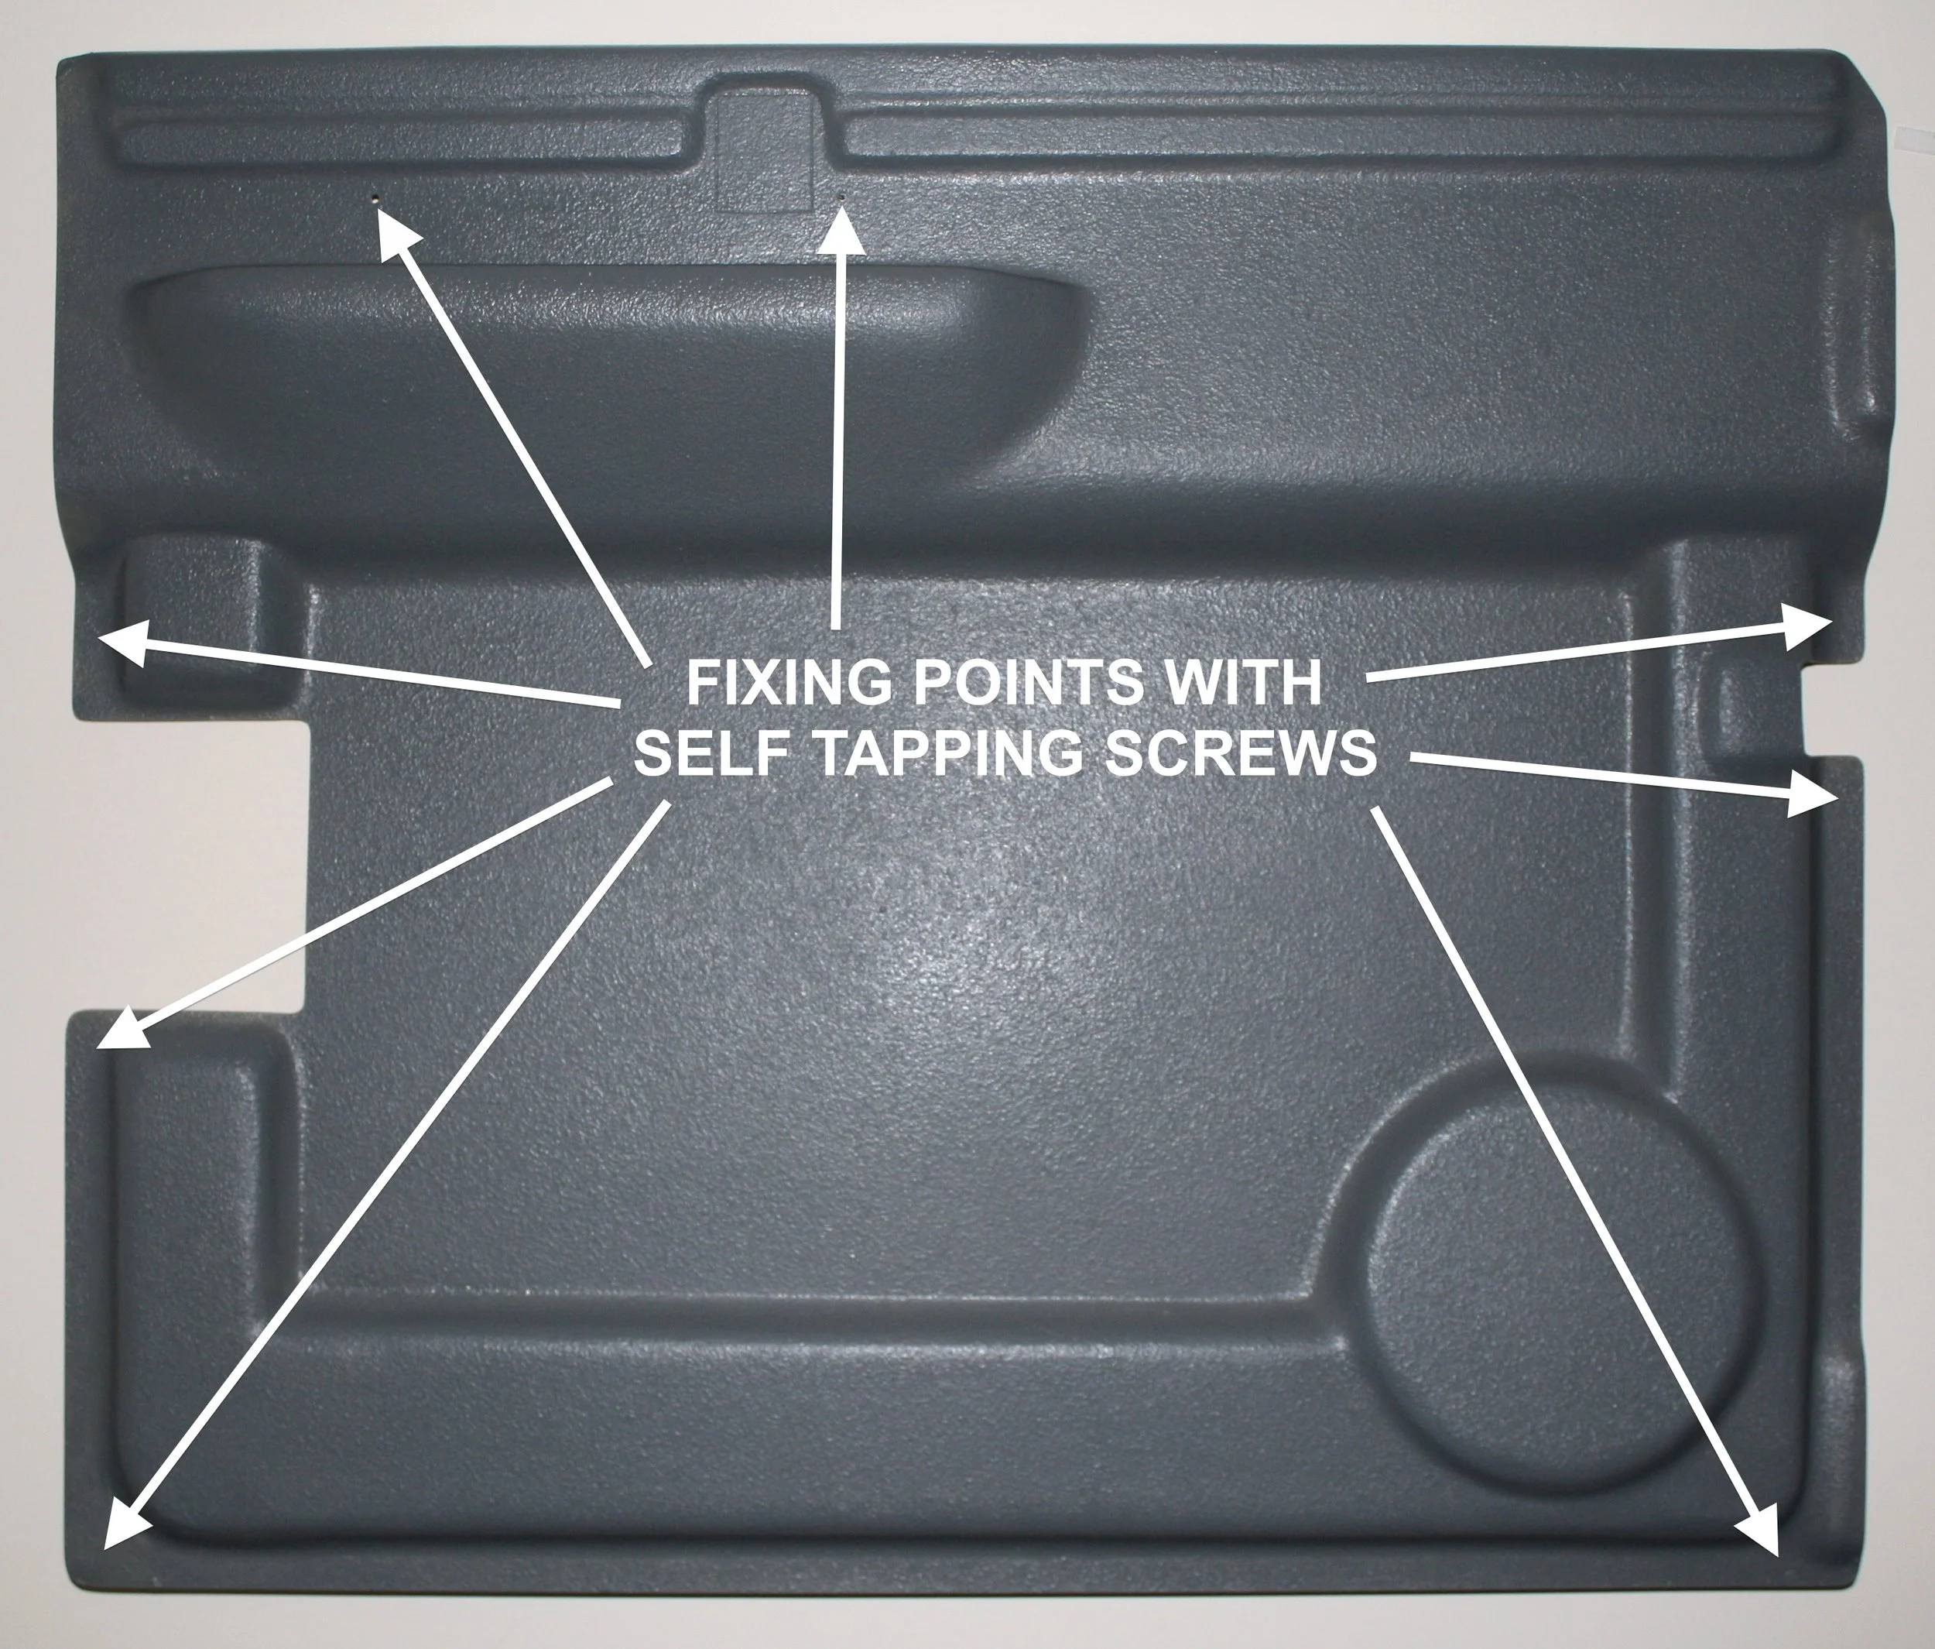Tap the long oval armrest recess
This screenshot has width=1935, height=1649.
607,374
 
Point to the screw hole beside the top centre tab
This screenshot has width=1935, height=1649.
842,197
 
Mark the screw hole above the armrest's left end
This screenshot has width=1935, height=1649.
375,199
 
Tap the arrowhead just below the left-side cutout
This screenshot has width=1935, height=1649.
121,1033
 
